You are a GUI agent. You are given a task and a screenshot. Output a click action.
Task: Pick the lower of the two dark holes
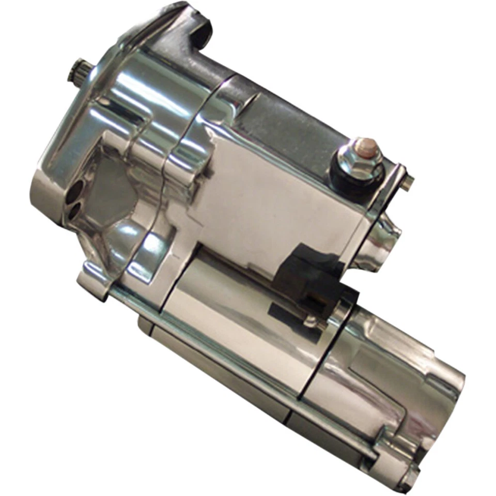[x=76, y=209]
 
